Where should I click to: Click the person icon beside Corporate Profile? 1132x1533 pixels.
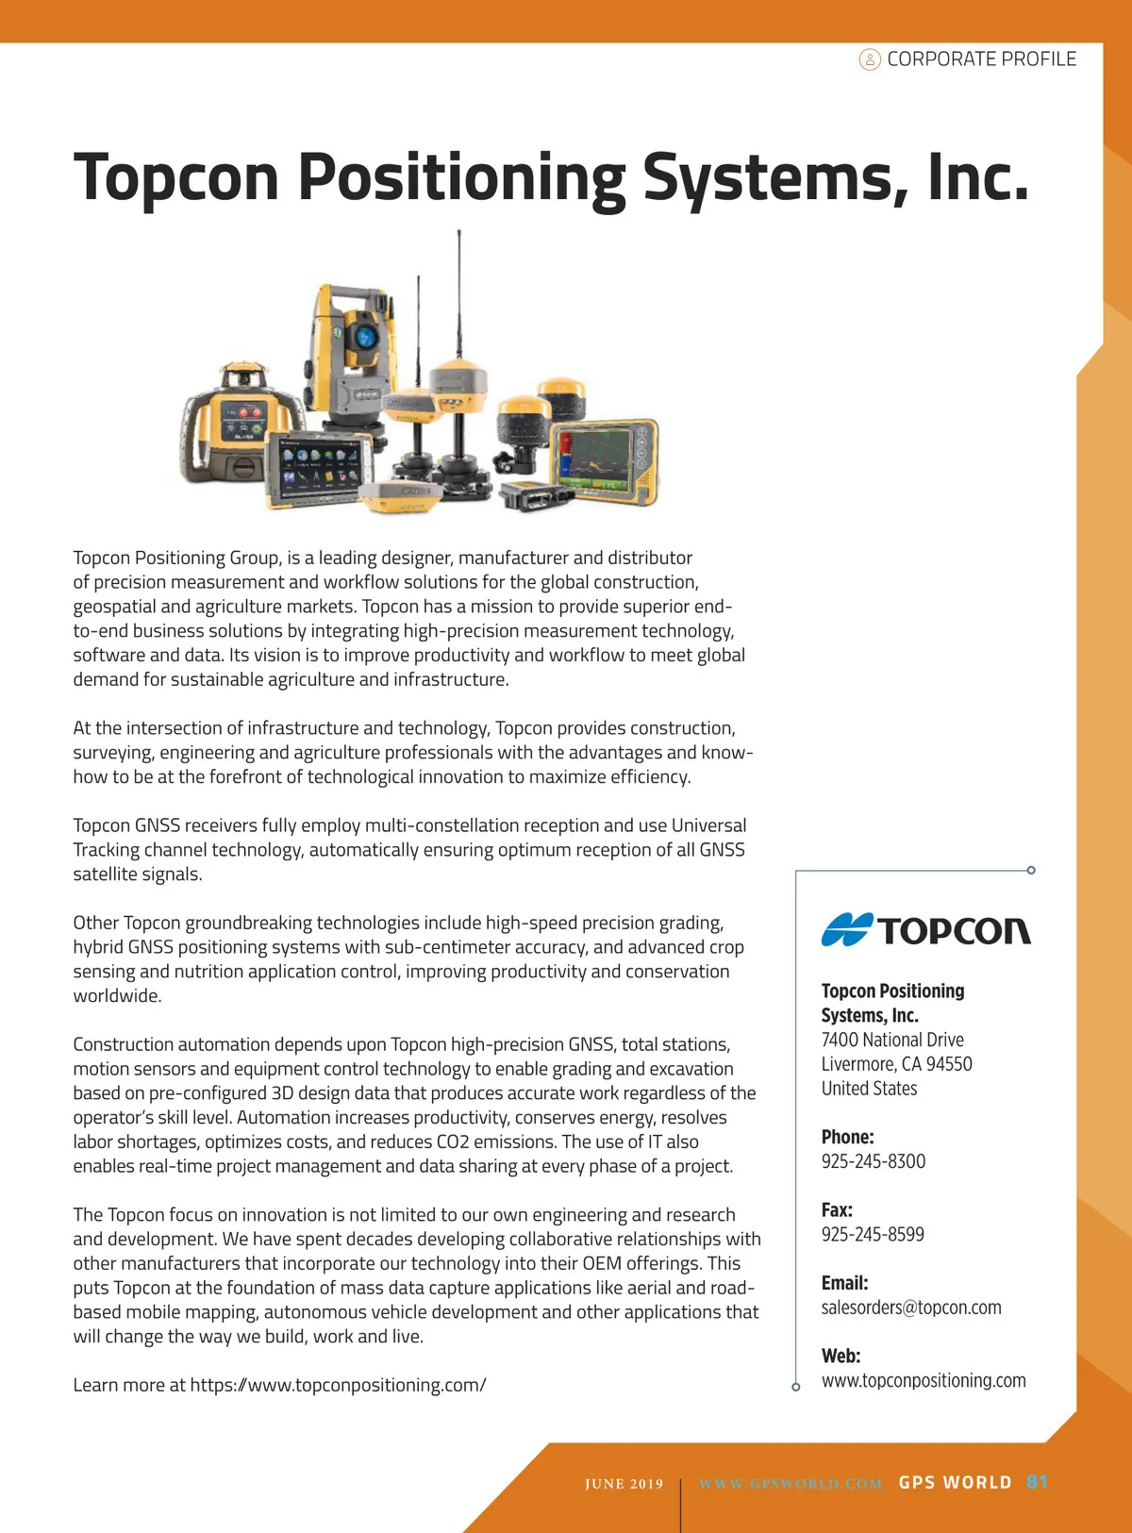pos(869,59)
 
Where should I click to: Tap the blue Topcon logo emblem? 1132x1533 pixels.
pos(846,930)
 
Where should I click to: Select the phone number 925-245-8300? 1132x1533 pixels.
pos(873,1161)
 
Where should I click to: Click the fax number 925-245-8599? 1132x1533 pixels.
pos(873,1234)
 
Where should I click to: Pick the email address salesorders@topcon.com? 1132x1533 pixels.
pos(910,1308)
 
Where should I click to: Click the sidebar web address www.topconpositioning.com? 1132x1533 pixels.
pos(923,1380)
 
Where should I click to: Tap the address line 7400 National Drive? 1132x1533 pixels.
pos(891,1040)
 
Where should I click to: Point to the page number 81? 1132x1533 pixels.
pos(1037,1482)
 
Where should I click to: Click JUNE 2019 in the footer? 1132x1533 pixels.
pos(624,1484)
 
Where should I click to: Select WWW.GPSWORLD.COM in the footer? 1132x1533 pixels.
pos(790,1484)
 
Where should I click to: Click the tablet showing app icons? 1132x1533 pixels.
pos(319,469)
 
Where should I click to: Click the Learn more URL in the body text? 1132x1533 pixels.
pos(338,1385)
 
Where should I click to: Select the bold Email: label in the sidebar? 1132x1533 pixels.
pos(844,1283)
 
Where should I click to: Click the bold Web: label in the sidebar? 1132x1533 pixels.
pos(841,1356)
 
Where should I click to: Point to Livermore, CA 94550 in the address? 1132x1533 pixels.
pos(895,1064)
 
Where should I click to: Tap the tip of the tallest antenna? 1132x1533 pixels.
pos(459,231)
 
